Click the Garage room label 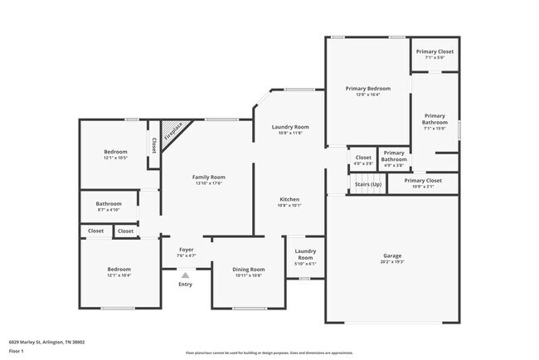pos(392,255)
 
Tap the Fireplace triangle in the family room pos(174,134)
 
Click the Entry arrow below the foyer pos(185,275)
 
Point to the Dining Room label pos(248,270)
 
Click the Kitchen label pos(289,200)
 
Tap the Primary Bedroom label pos(367,88)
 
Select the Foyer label pos(187,250)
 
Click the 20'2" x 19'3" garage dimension pos(392,263)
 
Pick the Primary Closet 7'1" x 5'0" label pos(435,54)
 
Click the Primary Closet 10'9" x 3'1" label pos(422,182)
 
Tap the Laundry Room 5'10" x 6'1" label pos(305,257)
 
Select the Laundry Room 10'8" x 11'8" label pos(290,129)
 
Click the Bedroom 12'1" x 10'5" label pos(115,154)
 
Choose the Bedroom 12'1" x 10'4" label pos(119,272)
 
